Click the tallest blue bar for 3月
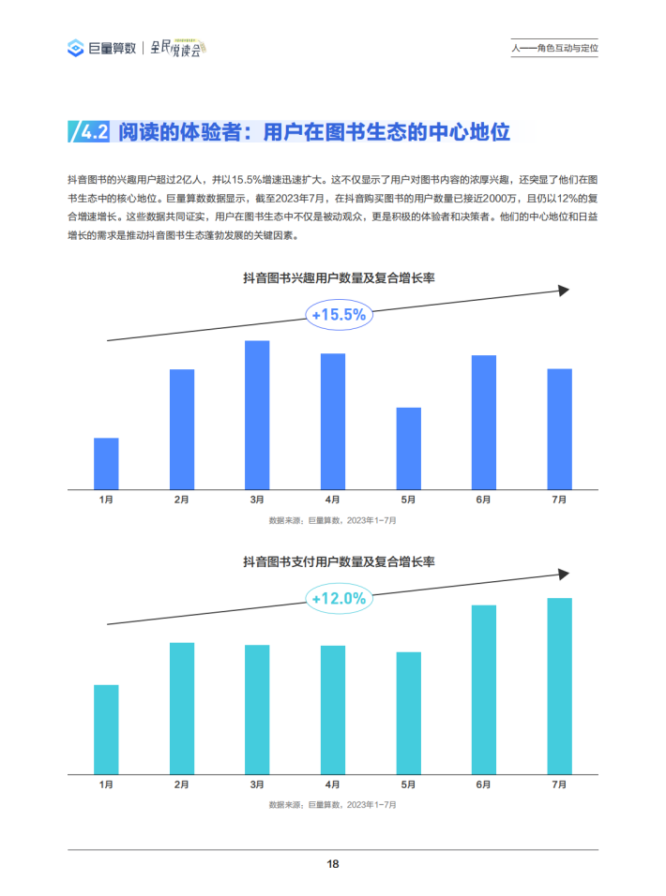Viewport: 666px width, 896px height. (x=257, y=414)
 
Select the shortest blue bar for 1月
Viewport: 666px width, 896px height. (x=106, y=463)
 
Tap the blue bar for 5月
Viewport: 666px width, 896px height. (x=408, y=448)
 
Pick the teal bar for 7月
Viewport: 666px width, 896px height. (x=559, y=686)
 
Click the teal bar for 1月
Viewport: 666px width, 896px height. (x=106, y=729)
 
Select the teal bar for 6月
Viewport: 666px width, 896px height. (x=484, y=690)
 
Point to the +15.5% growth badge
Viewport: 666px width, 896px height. (x=338, y=315)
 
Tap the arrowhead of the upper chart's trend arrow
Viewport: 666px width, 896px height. (x=563, y=291)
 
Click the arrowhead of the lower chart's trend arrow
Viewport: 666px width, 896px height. (x=563, y=574)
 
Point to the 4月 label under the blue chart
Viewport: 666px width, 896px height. (x=332, y=500)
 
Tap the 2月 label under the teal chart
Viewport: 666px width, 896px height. (x=181, y=784)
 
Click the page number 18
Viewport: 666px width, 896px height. (x=332, y=864)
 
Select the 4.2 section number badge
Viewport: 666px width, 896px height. (x=90, y=132)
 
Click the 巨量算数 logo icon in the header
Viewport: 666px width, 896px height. (x=76, y=48)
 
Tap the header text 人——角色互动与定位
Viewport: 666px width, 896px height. (x=554, y=48)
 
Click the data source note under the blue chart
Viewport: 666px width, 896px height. (x=332, y=520)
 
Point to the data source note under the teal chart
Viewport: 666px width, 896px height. (x=332, y=804)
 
